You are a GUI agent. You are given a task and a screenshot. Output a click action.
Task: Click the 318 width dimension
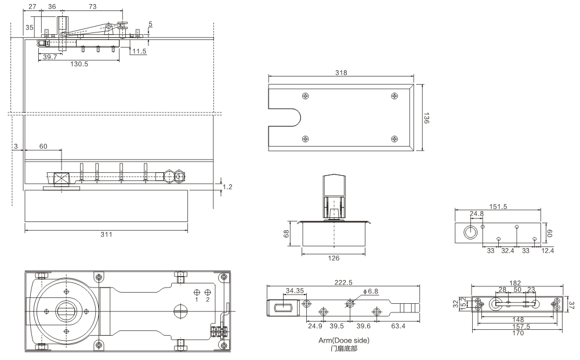(340, 73)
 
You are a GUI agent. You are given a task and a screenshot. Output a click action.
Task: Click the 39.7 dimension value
(50, 57)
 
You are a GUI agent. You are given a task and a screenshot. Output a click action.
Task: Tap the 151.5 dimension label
(498, 205)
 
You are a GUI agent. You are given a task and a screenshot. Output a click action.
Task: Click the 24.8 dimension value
(477, 214)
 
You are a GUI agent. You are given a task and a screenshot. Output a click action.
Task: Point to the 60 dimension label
(43, 147)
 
